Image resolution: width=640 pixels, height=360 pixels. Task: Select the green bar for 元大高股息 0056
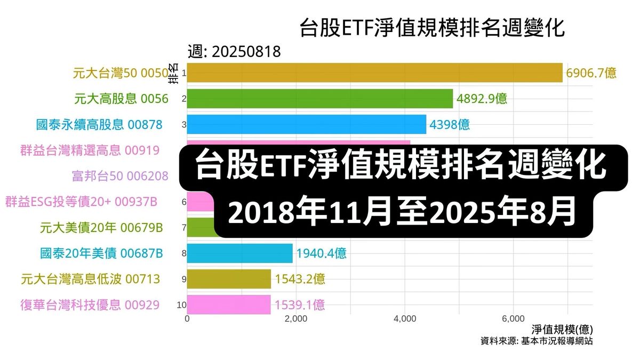pyautogui.click(x=319, y=99)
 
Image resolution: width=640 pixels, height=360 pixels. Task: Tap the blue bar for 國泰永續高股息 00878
pyautogui.click(x=306, y=125)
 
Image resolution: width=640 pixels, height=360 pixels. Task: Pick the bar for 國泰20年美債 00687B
pyautogui.click(x=239, y=253)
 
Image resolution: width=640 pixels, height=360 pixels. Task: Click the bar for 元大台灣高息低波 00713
pyautogui.click(x=229, y=279)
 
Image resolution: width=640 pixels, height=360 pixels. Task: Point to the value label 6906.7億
pyautogui.click(x=591, y=73)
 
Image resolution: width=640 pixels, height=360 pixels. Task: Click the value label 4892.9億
pyautogui.click(x=482, y=99)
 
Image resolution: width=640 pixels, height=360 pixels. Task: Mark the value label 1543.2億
pyautogui.click(x=300, y=279)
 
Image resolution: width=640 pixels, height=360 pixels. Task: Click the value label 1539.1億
pyautogui.click(x=300, y=305)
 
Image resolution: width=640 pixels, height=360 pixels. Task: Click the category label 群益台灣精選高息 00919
pyautogui.click(x=90, y=150)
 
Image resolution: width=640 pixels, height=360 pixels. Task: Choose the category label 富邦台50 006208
pyautogui.click(x=120, y=176)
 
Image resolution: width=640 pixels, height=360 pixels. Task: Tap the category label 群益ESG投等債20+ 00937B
pyautogui.click(x=81, y=202)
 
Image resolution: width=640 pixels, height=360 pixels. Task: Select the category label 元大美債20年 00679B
pyautogui.click(x=101, y=228)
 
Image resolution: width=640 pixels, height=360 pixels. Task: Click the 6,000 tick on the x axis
pyautogui.click(x=513, y=319)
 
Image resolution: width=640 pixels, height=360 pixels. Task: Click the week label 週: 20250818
pyautogui.click(x=234, y=52)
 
